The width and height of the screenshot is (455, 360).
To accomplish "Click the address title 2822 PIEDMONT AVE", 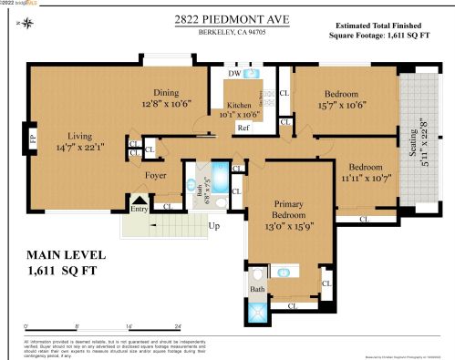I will pyautogui.click(x=227, y=18).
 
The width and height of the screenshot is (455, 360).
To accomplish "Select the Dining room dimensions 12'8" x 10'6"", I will pyautogui.click(x=165, y=104).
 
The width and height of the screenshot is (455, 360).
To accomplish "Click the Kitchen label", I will pyautogui.click(x=238, y=104).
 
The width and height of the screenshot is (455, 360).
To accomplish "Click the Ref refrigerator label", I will pyautogui.click(x=243, y=128).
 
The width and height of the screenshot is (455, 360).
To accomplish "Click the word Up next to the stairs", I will pyautogui.click(x=214, y=225).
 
